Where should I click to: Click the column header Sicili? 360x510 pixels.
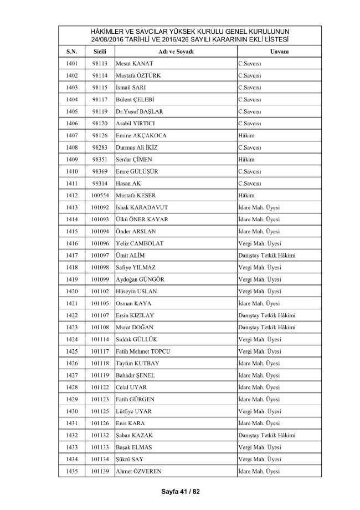point(100,52)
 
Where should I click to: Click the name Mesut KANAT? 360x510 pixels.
point(135,64)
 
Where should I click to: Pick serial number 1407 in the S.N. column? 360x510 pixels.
point(71,136)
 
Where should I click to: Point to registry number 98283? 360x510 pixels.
point(100,148)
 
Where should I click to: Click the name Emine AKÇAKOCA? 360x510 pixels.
point(141,136)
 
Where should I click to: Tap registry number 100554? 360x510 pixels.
point(100,196)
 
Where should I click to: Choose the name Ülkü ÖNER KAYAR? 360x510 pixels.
point(142,220)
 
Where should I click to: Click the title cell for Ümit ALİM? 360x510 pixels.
point(266,256)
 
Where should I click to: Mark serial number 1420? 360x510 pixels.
point(71,292)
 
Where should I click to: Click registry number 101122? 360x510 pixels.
point(100,387)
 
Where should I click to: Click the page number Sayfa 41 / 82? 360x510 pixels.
point(179,491)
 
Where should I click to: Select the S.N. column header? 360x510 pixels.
point(71,52)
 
